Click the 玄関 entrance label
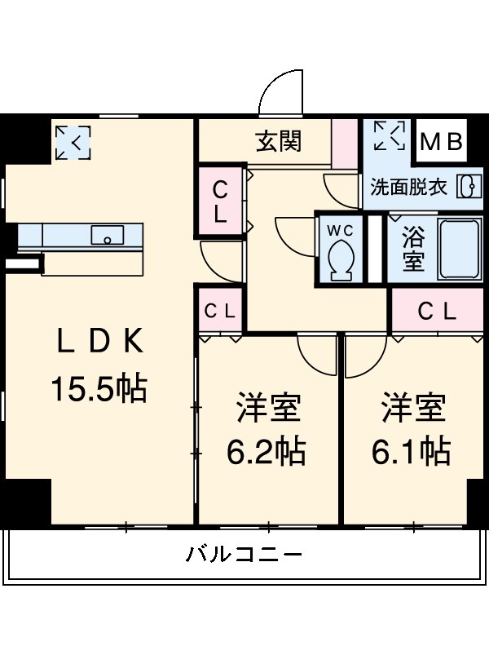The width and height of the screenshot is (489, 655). (279, 141)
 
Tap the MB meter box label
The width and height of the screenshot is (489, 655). (442, 141)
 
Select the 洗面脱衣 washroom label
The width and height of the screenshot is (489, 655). (409, 187)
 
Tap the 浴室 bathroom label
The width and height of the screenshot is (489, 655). (413, 250)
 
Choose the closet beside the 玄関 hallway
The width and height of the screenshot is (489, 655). (221, 202)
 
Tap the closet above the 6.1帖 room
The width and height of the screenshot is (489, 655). (438, 311)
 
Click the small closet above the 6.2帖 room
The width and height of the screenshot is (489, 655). (220, 311)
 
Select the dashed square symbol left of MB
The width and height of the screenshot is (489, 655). (389, 136)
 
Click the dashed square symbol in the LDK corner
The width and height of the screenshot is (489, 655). (73, 143)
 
